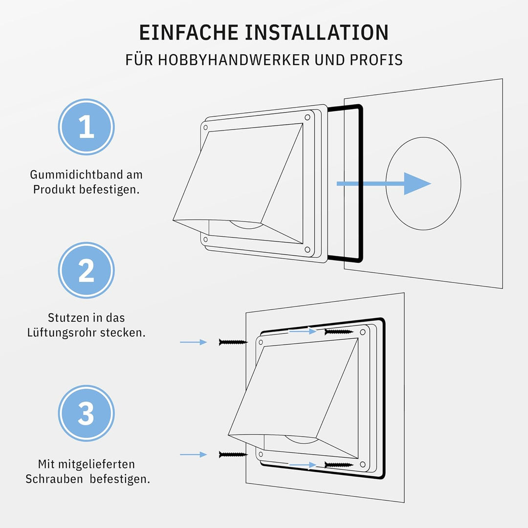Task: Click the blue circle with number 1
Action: pyautogui.click(x=87, y=127)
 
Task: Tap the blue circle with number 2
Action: pyautogui.click(x=87, y=270)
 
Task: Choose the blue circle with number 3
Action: pyautogui.click(x=87, y=413)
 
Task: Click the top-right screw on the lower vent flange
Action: pyautogui.click(x=339, y=332)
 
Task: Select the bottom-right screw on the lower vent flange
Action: pyautogui.click(x=339, y=464)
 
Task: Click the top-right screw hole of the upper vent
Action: pyautogui.click(x=307, y=117)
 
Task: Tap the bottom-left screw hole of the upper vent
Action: pyautogui.click(x=205, y=240)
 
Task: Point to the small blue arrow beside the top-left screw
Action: pyautogui.click(x=194, y=342)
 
